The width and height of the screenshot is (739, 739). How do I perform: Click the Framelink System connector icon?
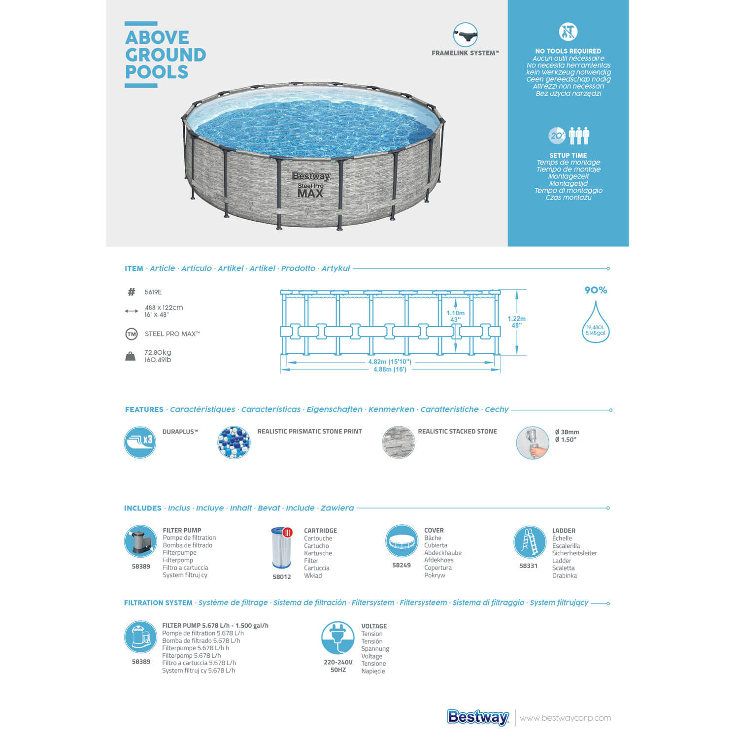pos(465,35)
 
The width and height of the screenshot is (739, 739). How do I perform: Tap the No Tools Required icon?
pos(568,32)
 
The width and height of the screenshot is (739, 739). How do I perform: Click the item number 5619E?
pos(153,292)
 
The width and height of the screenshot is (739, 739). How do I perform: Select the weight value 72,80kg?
pos(158,352)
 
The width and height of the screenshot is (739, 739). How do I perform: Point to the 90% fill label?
pos(596,290)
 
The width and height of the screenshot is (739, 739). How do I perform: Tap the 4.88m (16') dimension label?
pos(390,369)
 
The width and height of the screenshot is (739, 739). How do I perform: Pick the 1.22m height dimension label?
pos(517,319)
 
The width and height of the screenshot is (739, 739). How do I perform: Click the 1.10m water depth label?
pos(455,313)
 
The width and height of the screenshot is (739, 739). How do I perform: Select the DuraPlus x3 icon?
pos(140,442)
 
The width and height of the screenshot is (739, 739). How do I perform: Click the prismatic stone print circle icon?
pos(234,442)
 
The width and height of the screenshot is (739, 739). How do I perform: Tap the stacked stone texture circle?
pos(399,442)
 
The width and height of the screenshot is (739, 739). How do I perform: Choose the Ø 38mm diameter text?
pos(567,432)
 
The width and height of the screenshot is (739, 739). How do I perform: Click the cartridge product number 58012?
pos(282,577)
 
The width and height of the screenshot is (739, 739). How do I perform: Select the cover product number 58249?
pos(402,565)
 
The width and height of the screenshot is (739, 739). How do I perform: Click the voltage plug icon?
pos(337,638)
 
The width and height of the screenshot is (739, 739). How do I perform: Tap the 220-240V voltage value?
pos(338,662)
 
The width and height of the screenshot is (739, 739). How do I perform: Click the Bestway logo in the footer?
pos(478,717)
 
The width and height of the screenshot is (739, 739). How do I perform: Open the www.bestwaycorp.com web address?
pos(565,718)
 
